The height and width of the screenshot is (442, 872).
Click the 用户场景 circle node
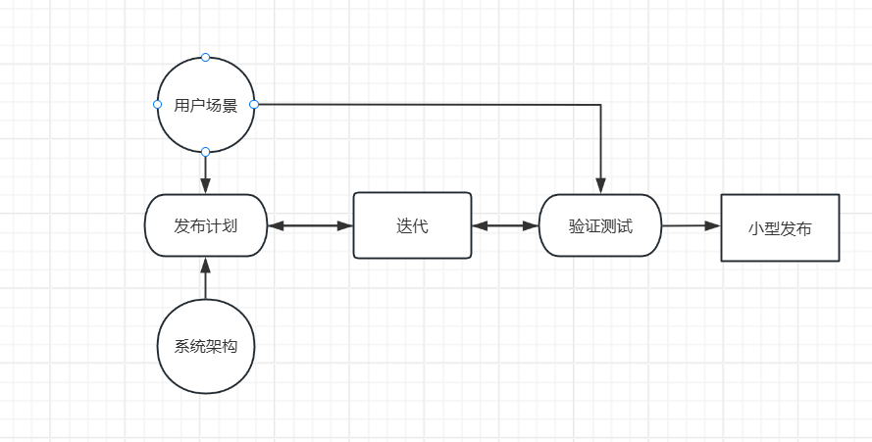[x=205, y=106]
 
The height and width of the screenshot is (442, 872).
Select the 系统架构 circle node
[x=205, y=346]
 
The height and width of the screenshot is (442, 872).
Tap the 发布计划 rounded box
[x=205, y=225]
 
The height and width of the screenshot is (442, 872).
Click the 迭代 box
[x=412, y=225]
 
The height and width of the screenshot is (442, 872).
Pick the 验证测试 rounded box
[x=600, y=225]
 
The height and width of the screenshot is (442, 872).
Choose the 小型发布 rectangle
[x=780, y=228]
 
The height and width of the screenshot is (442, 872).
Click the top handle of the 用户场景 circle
[x=205, y=57]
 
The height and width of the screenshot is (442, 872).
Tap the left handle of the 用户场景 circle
[x=157, y=104]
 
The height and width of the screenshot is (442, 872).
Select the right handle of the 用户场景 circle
[x=253, y=104]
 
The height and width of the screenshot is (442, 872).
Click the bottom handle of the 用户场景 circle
[x=205, y=152]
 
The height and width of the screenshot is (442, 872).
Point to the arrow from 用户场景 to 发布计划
[x=205, y=173]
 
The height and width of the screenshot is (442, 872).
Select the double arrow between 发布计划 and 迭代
[x=309, y=225]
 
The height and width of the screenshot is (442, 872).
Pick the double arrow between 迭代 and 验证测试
[x=505, y=225]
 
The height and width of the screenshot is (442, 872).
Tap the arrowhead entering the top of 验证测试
[x=600, y=186]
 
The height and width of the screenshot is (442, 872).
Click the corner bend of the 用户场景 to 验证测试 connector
[x=600, y=104]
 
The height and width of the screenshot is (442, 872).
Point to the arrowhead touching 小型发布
[x=713, y=225]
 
